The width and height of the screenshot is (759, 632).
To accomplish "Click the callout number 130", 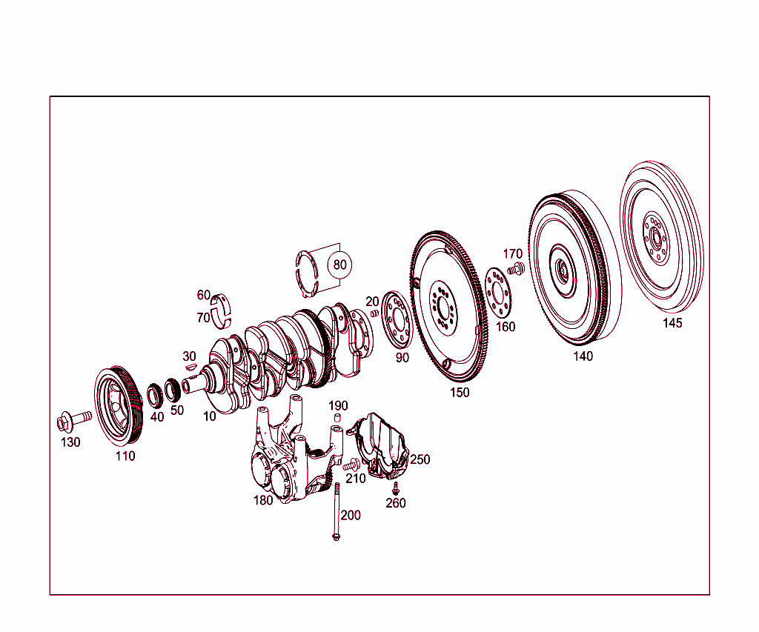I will click(x=70, y=442).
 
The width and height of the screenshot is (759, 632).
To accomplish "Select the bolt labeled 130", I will click(x=73, y=421).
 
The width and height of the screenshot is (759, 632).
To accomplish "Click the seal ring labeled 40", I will click(x=156, y=396).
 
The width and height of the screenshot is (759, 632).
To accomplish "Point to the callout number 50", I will click(x=177, y=410).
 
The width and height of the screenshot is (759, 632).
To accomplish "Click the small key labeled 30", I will click(x=190, y=365).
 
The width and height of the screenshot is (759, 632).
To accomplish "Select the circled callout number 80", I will click(x=339, y=265).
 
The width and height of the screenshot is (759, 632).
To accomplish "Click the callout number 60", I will click(x=203, y=295).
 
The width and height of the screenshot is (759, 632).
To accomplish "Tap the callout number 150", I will click(x=460, y=393).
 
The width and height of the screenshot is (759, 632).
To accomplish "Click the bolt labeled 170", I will click(x=516, y=268).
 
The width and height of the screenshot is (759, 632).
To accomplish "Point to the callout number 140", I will click(x=583, y=356).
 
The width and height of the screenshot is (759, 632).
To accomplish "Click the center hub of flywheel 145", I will click(x=656, y=239).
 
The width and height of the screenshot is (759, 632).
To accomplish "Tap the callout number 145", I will click(x=672, y=324).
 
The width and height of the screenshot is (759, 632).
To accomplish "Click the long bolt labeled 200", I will click(x=337, y=511).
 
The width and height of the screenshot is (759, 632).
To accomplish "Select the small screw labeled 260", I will click(x=396, y=488).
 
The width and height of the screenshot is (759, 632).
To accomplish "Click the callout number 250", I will click(x=420, y=459).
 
